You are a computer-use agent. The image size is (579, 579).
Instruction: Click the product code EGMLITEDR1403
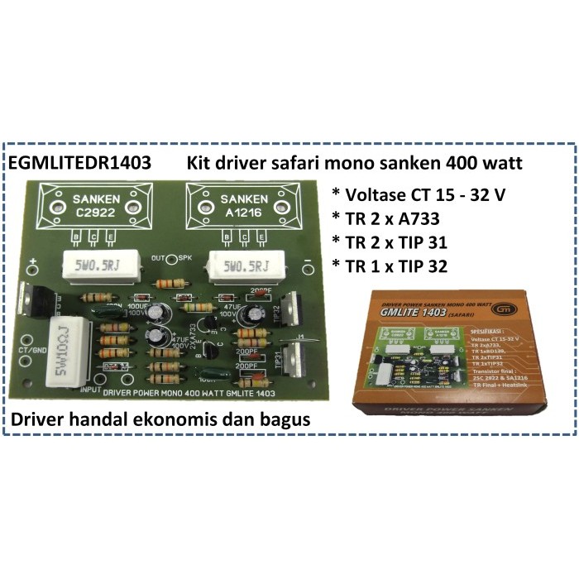(x=79, y=163)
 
